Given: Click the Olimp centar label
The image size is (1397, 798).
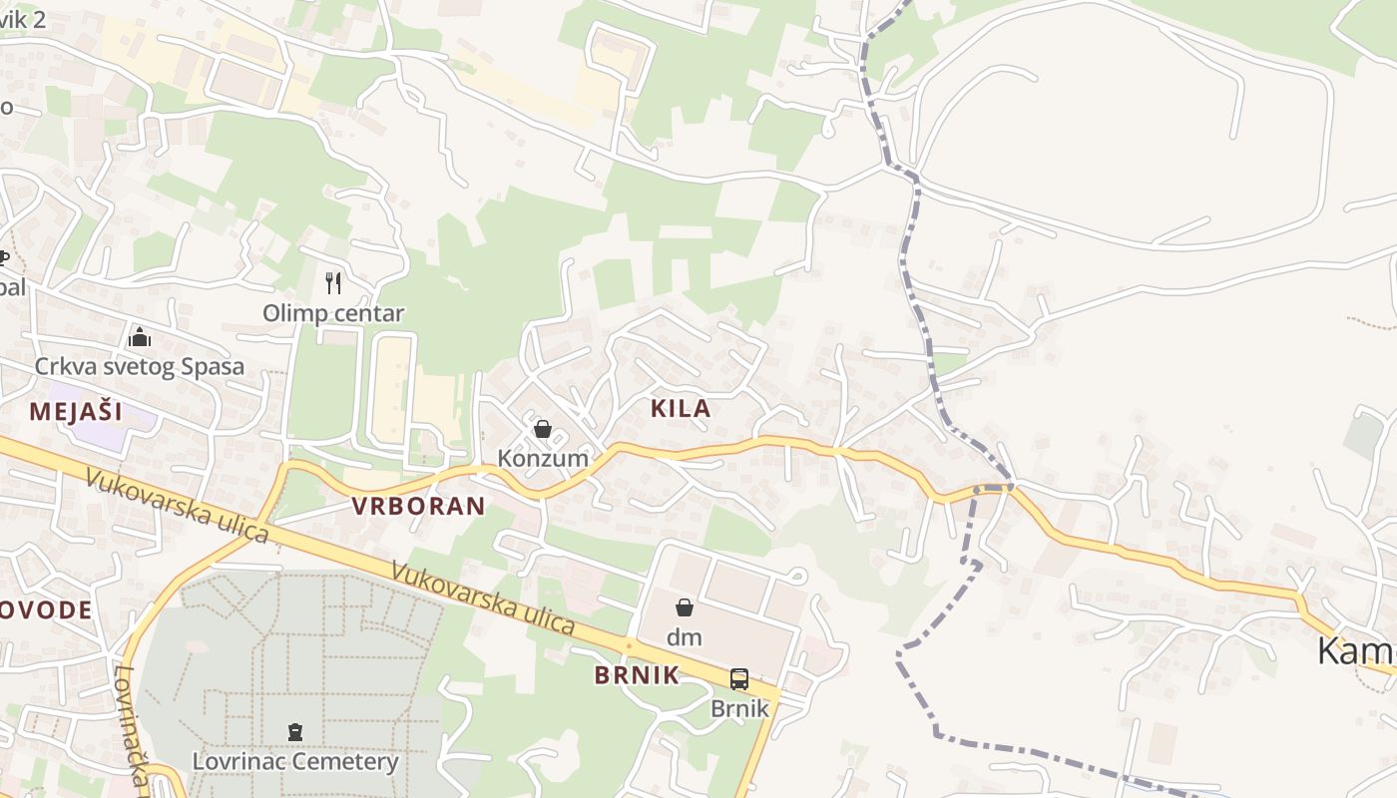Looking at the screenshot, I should click(333, 313).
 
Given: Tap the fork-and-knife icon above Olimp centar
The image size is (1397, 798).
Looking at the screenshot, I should click(333, 283).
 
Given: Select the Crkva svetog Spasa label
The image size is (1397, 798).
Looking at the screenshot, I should click(140, 366).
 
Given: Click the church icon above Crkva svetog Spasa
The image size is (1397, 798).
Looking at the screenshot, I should click(140, 337).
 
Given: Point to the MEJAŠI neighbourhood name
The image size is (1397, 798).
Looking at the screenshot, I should click(75, 411).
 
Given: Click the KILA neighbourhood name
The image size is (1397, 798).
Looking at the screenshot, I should click(681, 408).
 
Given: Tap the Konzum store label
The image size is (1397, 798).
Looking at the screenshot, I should click(543, 459).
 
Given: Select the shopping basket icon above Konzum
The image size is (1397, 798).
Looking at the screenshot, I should click(543, 430).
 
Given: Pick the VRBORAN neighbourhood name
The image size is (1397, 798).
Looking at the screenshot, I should click(418, 506).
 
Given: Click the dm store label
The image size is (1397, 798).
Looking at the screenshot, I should click(685, 636).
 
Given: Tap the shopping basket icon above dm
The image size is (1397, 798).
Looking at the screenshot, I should click(685, 607).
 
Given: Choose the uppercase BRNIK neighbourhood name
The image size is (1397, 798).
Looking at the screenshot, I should click(637, 675).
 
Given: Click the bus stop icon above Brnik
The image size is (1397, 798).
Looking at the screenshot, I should click(739, 679).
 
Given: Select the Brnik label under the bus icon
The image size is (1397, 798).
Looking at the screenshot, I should click(739, 708).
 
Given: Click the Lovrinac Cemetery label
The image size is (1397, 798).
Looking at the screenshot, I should click(295, 762).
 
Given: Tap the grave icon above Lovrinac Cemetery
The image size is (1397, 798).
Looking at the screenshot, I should click(295, 733).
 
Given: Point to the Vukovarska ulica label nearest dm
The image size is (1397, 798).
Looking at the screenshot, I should click(483, 598).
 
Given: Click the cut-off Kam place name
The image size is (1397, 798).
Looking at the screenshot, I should click(1355, 650).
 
